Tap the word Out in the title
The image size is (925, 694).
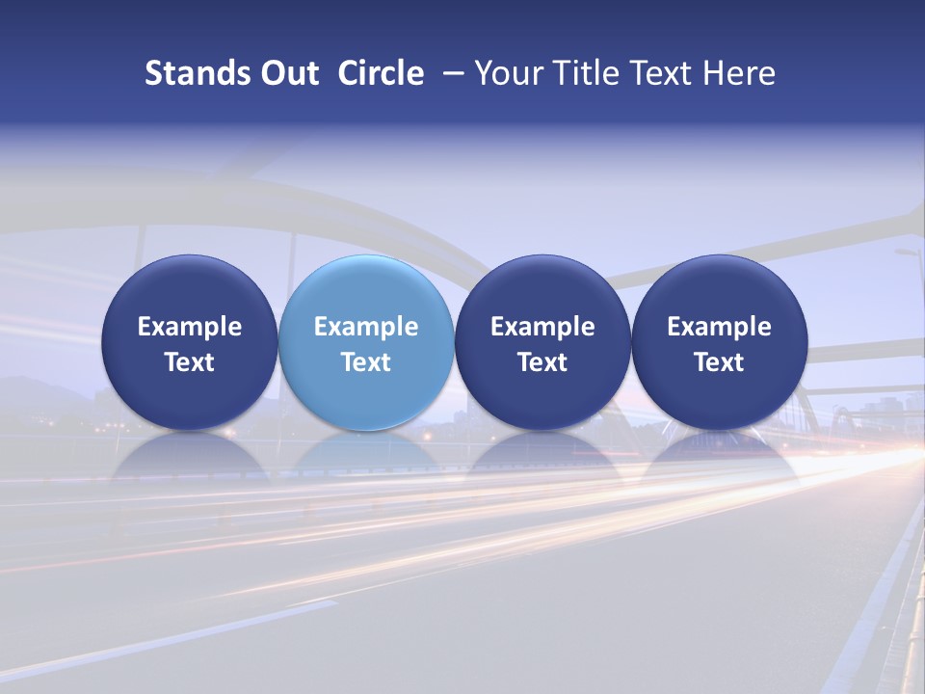point(287,73)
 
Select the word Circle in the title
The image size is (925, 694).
point(381,73)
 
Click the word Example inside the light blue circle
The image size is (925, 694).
point(366,327)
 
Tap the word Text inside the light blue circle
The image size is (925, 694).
point(366,362)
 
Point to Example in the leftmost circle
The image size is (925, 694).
point(190,327)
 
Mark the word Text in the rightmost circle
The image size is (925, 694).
point(720,362)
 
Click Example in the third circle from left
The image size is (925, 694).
point(542,327)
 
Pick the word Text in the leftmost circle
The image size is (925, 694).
point(190,362)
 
